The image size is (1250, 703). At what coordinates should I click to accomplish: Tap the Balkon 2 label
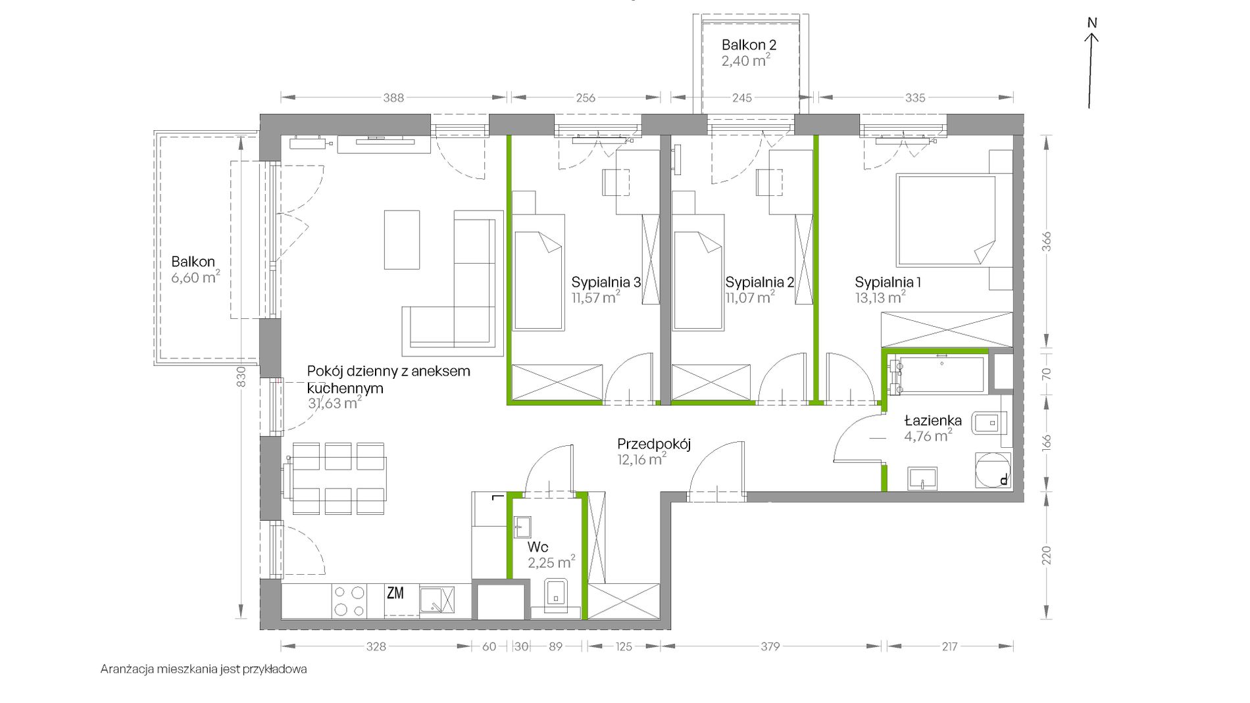[x=749, y=45]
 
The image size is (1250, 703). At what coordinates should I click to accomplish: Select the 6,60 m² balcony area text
[x=195, y=277]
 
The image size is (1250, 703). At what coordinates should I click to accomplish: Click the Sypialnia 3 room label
[x=606, y=282]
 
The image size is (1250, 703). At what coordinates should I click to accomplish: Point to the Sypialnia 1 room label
[x=888, y=282]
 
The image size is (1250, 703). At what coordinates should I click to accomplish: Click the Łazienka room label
[x=932, y=420]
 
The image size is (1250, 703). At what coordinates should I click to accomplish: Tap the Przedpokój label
[x=653, y=444]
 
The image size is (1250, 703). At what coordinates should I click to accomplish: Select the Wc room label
[x=537, y=547]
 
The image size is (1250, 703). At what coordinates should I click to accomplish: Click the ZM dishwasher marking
[x=395, y=593]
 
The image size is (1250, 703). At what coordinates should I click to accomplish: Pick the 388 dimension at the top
[x=393, y=98]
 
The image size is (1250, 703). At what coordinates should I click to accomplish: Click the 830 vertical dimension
[x=241, y=376]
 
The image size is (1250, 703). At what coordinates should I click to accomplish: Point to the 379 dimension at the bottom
[x=770, y=646]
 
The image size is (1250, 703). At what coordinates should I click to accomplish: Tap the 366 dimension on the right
[x=1046, y=241]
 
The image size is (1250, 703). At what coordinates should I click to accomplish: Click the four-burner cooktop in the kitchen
[x=349, y=601]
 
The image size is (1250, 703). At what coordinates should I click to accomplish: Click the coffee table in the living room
[x=402, y=239]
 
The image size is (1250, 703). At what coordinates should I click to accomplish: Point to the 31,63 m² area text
[x=334, y=402]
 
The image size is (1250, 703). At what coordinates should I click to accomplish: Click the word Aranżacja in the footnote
[x=124, y=669]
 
